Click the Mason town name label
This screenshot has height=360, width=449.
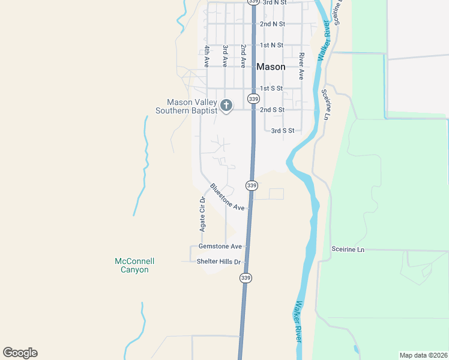coord(271,67)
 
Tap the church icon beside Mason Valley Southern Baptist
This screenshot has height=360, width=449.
coord(226,106)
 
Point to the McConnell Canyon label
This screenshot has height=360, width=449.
coord(134,265)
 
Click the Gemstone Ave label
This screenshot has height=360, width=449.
coord(220,247)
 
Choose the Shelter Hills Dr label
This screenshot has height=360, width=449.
coord(218,262)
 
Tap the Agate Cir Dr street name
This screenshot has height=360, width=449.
coord(203,214)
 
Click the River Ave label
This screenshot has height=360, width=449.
coord(301,66)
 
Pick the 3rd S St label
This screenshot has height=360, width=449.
coord(283,130)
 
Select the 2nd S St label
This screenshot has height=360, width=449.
coord(272,110)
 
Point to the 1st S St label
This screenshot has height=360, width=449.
coord(271,88)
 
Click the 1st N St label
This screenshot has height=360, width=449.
coord(271,45)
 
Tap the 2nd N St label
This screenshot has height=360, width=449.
coord(272,24)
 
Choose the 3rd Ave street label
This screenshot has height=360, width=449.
coord(225,55)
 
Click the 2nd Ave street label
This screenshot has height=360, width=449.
coord(243,55)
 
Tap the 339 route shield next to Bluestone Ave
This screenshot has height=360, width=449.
coord(252,185)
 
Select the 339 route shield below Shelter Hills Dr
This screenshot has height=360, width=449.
coord(246,278)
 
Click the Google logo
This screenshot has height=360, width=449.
coord(20,353)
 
